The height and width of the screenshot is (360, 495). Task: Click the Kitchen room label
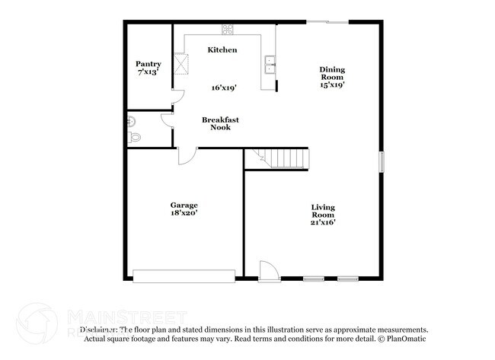tap(222, 49)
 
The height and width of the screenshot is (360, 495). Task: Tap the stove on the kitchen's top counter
tap(227, 30)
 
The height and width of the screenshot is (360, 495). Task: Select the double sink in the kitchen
tap(270, 65)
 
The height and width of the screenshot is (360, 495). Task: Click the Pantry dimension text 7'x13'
tap(148, 72)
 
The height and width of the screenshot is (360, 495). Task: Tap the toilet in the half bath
tap(135, 138)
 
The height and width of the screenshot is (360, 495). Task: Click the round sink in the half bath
tap(131, 120)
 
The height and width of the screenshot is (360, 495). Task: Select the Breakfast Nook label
tap(216, 123)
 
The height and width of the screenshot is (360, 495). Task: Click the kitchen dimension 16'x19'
tap(224, 88)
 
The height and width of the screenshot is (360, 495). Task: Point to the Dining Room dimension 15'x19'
tap(332, 84)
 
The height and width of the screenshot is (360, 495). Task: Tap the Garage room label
tap(184, 205)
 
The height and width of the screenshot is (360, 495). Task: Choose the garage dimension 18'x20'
tap(184, 214)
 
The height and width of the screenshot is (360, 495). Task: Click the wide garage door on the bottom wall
tap(184, 276)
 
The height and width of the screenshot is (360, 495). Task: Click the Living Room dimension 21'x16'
tap(323, 223)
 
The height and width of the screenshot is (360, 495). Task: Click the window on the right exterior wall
tap(382, 161)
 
